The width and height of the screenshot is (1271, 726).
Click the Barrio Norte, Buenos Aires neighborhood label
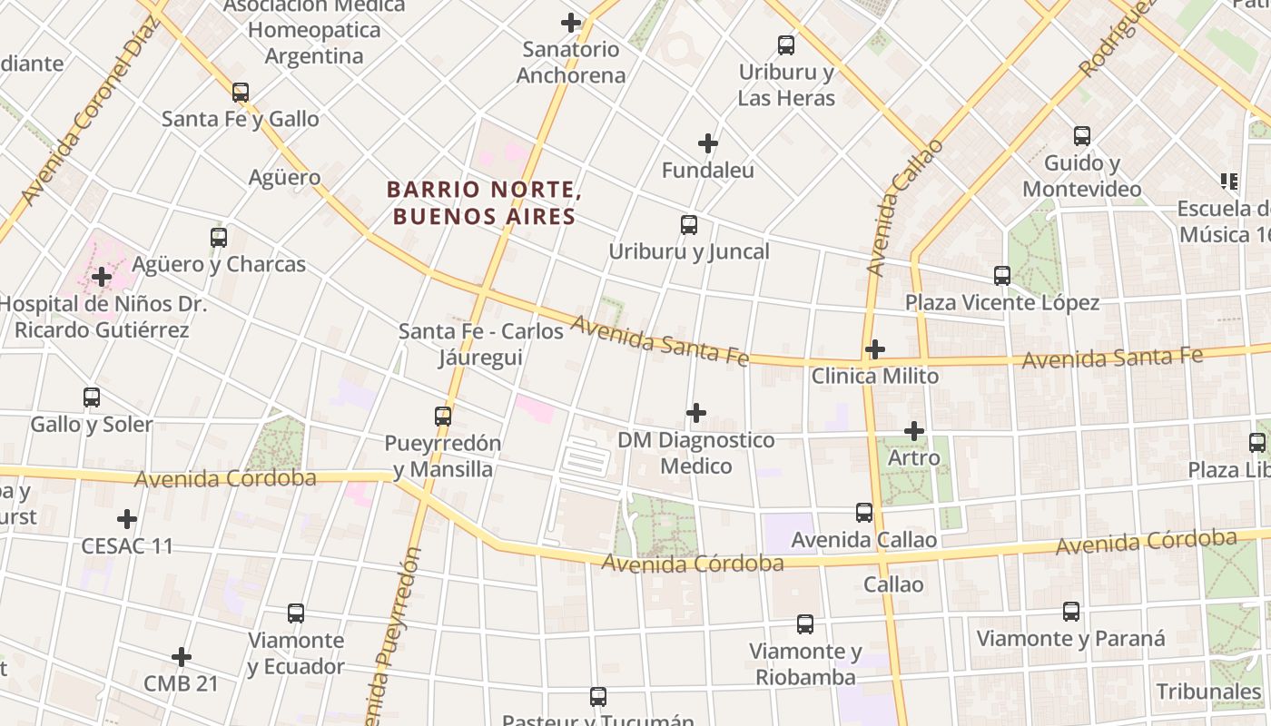(483, 202)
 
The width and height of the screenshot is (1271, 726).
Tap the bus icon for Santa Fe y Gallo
(241, 93)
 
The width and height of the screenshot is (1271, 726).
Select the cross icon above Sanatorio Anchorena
(571, 23)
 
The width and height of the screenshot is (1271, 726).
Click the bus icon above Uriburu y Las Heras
(786, 44)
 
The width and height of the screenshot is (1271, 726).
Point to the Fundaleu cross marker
(708, 143)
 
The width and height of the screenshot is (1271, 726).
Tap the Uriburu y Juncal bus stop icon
(689, 224)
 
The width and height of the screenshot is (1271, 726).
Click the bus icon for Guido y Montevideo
(1082, 136)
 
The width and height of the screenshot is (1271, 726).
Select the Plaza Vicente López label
(1001, 302)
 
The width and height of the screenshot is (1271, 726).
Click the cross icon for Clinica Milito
(875, 349)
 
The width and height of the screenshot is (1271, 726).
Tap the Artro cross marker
(914, 431)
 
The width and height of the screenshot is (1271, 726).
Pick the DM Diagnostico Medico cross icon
(696, 413)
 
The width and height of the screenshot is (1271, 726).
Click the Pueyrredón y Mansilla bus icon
(443, 417)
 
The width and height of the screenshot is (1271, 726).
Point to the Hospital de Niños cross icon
(102, 277)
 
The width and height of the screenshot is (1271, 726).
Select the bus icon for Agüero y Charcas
(219, 238)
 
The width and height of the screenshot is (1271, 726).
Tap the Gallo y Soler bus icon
(92, 397)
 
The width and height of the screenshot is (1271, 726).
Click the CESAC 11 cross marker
(127, 519)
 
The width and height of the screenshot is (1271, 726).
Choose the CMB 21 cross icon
(182, 657)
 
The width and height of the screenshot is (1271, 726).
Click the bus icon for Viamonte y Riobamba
(805, 624)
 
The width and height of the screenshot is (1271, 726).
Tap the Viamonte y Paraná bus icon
(1071, 612)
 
